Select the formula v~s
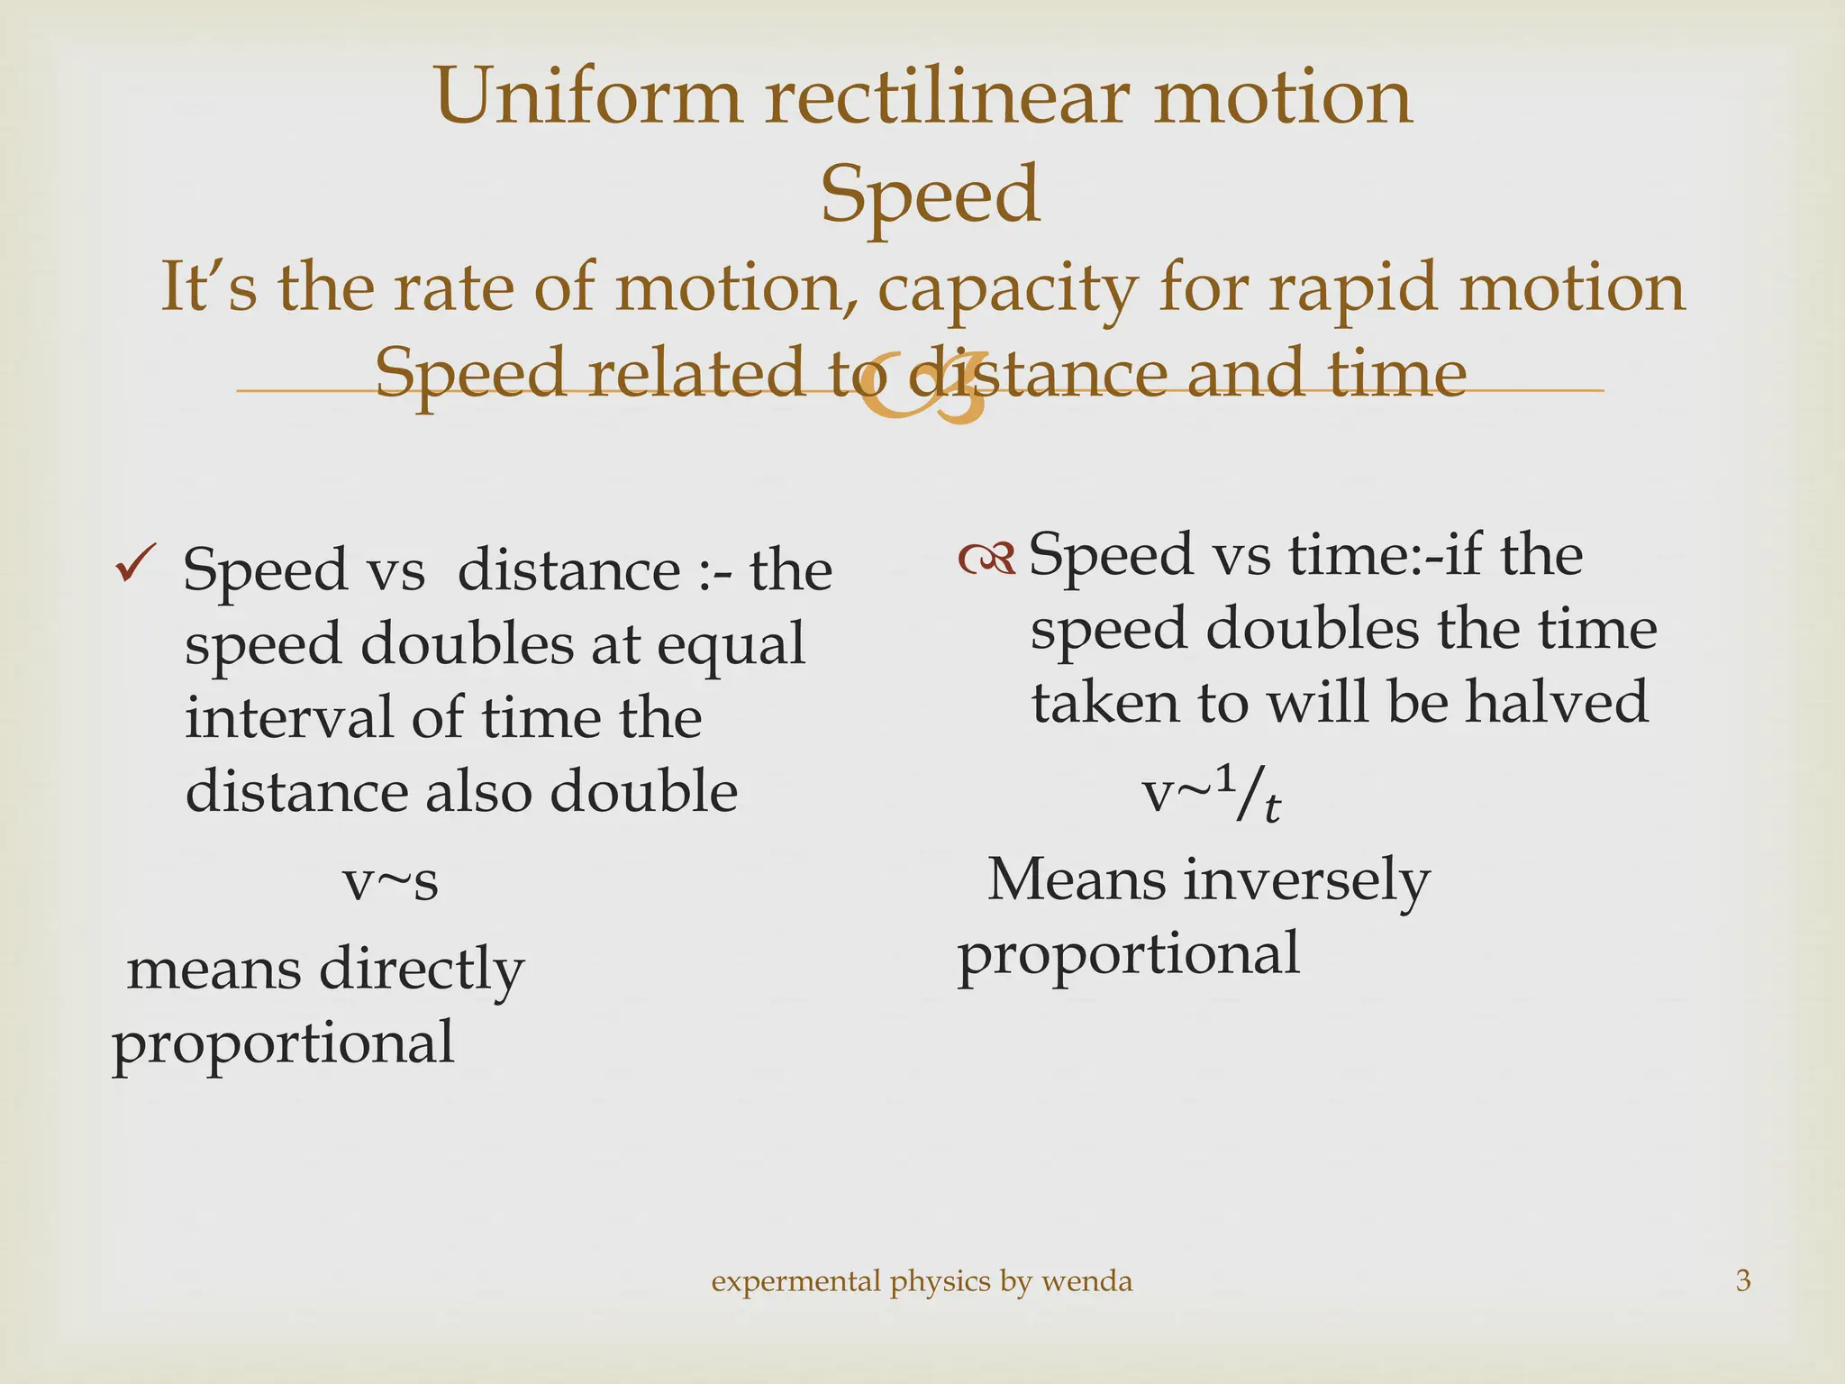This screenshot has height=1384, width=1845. pyautogui.click(x=390, y=881)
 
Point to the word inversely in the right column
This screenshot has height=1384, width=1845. pyautogui.click(x=1306, y=880)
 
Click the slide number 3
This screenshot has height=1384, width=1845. pyautogui.click(x=1742, y=1280)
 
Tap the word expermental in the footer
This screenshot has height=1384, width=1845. pyautogui.click(x=795, y=1280)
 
